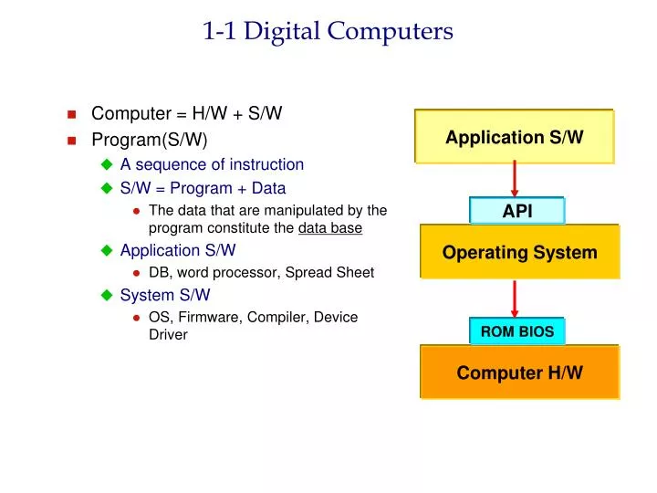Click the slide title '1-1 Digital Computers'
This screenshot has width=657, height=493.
point(328,32)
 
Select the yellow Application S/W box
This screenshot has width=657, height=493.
point(514,137)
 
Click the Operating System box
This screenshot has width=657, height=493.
point(519,252)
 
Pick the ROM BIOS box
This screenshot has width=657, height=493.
point(517,331)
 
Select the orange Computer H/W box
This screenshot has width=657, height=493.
point(519,372)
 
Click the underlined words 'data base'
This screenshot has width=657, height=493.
point(330,228)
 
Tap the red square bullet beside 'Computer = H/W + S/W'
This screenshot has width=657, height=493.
point(72,115)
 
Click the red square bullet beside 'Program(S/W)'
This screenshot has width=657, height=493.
point(72,141)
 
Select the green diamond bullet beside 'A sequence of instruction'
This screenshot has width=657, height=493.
point(106,165)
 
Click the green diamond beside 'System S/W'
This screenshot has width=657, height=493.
point(106,296)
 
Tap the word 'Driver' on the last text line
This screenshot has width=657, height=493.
point(168,335)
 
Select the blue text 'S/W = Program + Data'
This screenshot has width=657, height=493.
point(203,189)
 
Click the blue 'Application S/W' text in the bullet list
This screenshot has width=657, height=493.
point(178,250)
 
